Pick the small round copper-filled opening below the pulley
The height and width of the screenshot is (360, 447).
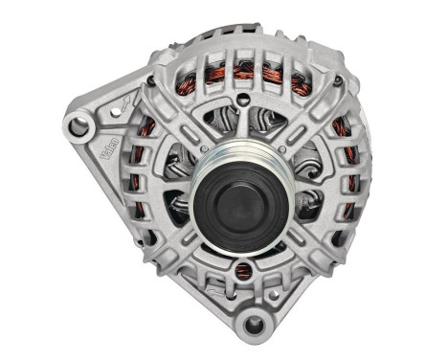[243, 271]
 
